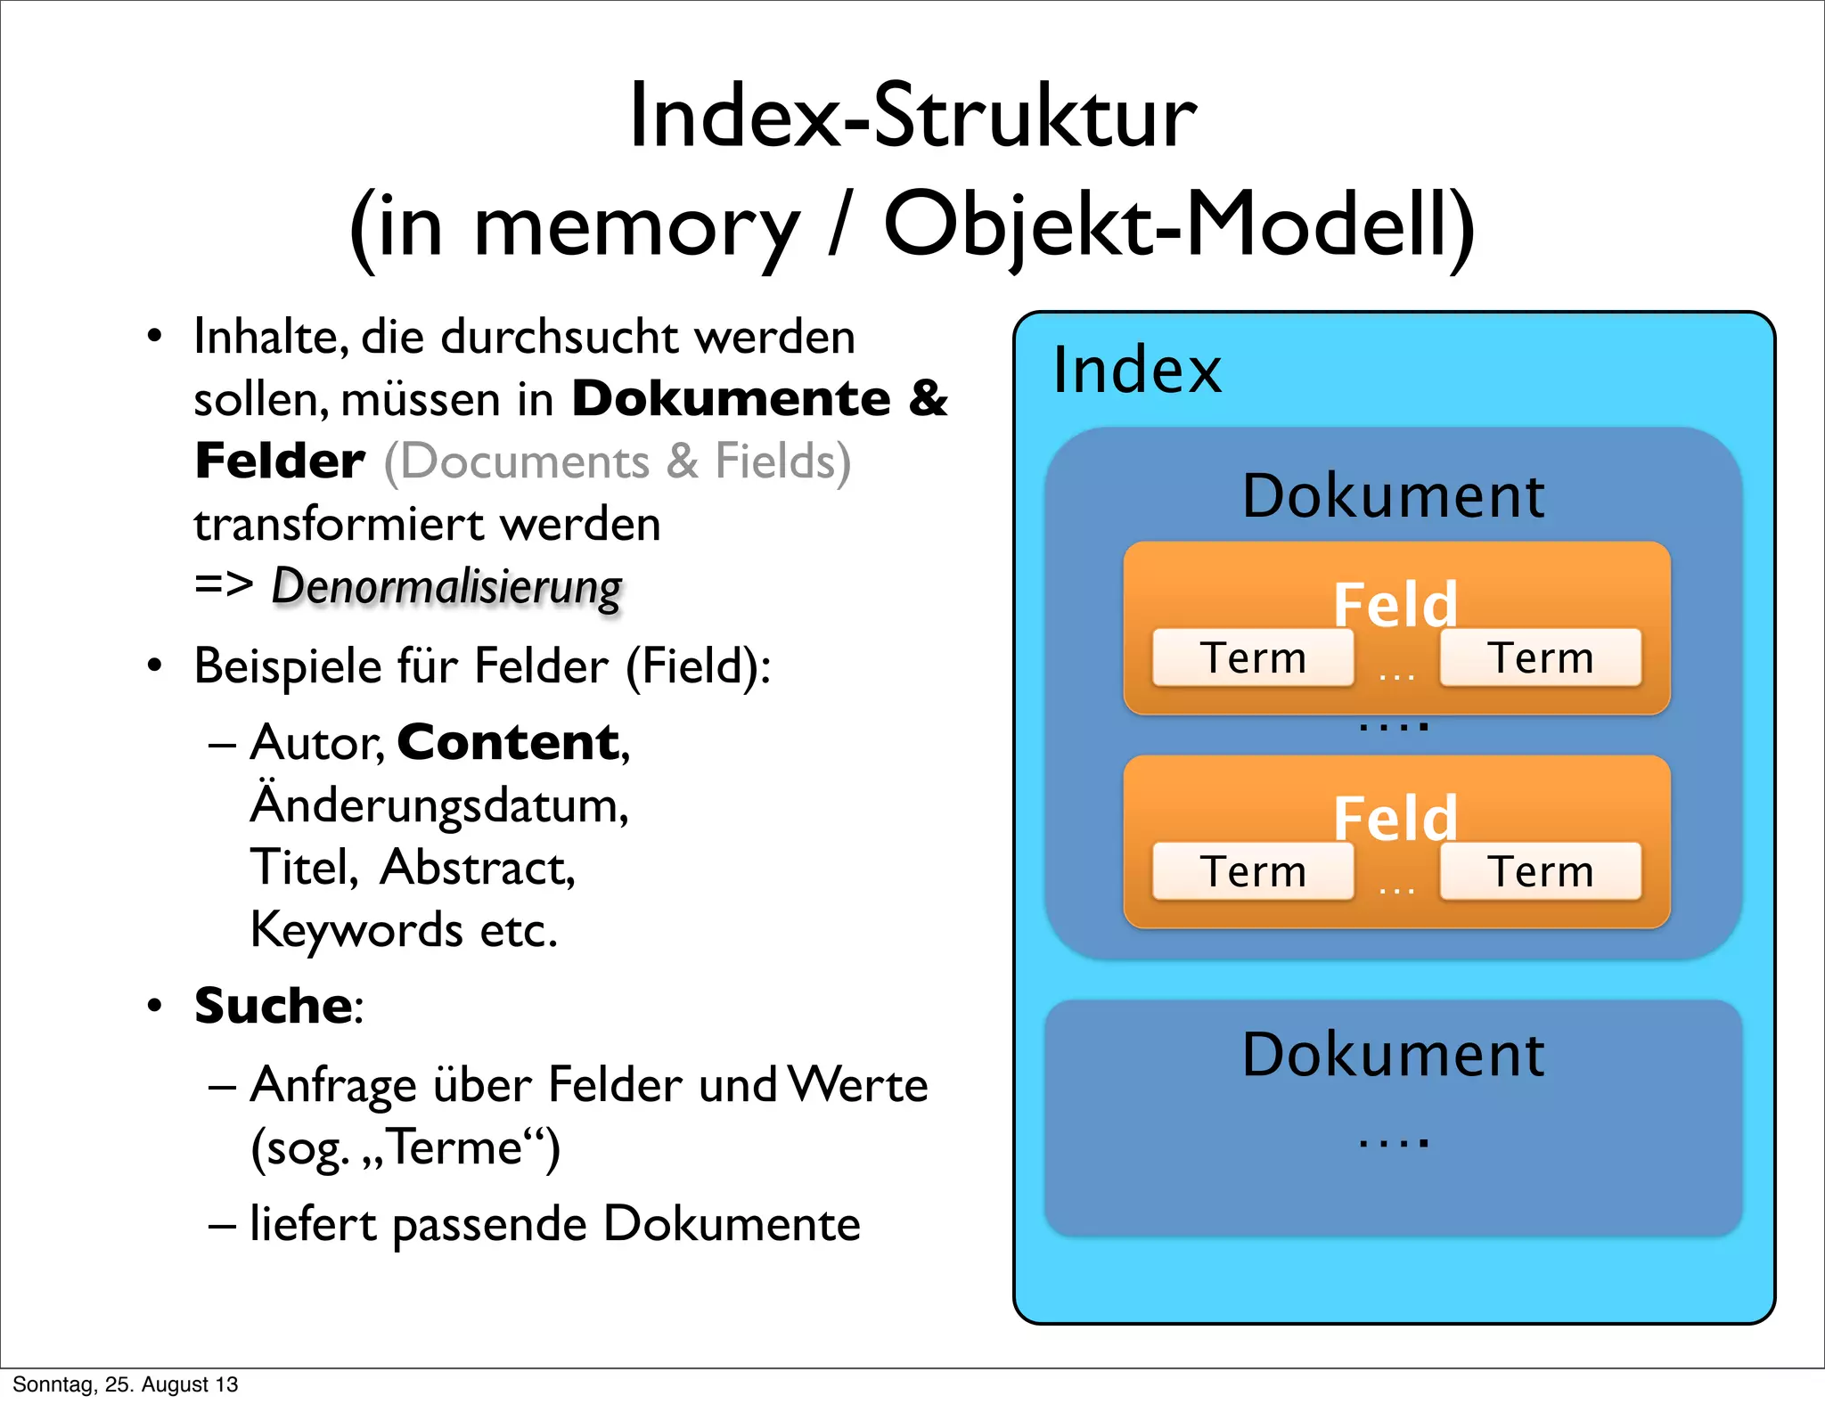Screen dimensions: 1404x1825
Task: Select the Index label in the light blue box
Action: pos(1136,370)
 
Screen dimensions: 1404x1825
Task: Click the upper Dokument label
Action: pos(1393,496)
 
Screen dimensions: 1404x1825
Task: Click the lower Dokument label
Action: pos(1393,1055)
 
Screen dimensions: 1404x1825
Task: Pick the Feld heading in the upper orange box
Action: pos(1395,604)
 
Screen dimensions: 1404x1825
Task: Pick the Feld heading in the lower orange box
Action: pos(1395,818)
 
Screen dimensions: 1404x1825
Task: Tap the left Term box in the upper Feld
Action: pos(1253,658)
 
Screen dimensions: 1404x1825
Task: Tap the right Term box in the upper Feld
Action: pos(1541,658)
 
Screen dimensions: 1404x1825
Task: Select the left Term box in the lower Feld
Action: pos(1253,871)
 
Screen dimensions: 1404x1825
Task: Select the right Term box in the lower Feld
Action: pos(1541,871)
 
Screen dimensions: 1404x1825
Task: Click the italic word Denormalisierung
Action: pos(446,588)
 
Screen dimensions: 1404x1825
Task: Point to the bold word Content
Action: pos(509,742)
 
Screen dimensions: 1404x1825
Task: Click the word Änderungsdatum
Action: pos(439,804)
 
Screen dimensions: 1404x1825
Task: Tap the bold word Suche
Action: pos(274,1006)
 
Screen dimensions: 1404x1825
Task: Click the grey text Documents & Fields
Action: pos(617,461)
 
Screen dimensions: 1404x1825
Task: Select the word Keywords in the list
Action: pos(356,930)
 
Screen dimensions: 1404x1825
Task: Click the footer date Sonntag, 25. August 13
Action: pos(126,1384)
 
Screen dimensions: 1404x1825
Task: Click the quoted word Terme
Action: pos(455,1147)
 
